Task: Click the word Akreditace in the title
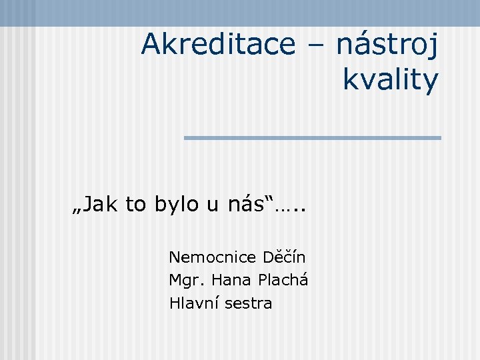[217, 45]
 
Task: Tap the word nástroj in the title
[387, 45]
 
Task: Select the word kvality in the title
[391, 80]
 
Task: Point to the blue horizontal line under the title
[312, 138]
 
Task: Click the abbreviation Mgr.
[183, 280]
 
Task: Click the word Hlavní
[194, 303]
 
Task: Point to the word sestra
[248, 303]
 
